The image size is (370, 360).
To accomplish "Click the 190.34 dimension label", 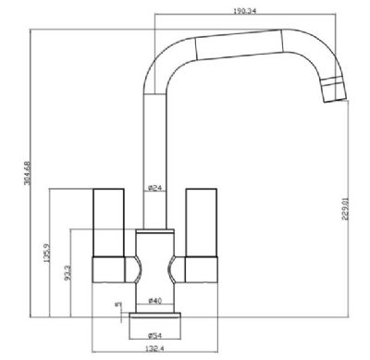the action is [x=245, y=11].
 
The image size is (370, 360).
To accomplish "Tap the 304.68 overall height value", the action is [x=28, y=173].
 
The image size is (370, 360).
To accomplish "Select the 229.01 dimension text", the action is [x=345, y=209].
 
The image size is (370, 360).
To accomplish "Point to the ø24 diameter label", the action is [x=154, y=188].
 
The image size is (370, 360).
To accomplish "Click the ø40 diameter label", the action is [x=154, y=301].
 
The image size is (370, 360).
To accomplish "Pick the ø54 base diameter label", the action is [x=154, y=335].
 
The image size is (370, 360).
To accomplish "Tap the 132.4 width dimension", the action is [x=154, y=349].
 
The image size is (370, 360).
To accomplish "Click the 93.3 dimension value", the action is [x=68, y=273].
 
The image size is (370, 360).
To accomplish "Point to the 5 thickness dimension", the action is [x=117, y=304].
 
